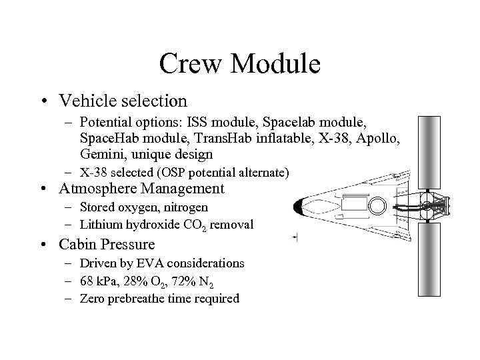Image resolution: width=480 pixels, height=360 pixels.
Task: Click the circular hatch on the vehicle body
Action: tap(377, 206)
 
